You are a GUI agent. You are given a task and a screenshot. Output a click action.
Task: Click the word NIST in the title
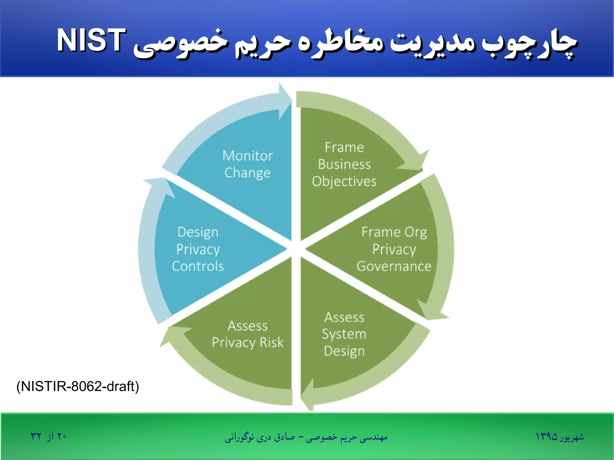[x=91, y=40]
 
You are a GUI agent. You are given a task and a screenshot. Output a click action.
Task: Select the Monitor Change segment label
[x=248, y=164]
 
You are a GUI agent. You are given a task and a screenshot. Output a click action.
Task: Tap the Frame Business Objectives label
[x=344, y=165]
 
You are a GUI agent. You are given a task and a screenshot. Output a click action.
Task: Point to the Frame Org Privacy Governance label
[x=394, y=249]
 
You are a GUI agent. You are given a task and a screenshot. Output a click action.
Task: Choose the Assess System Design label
[x=344, y=334]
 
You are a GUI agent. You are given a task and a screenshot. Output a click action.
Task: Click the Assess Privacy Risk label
[x=248, y=334]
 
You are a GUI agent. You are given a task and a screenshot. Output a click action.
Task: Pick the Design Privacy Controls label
[x=198, y=249]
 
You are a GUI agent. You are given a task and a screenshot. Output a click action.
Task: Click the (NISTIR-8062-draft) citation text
[x=78, y=386]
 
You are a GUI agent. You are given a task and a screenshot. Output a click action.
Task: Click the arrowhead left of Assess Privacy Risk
[x=174, y=334]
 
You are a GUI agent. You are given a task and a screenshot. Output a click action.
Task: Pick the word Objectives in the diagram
[x=344, y=182]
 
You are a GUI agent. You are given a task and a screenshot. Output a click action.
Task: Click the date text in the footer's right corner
[x=560, y=437]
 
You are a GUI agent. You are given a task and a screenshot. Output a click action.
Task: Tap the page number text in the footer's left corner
[x=49, y=437]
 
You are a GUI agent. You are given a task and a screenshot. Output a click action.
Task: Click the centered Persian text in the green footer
[x=306, y=438]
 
